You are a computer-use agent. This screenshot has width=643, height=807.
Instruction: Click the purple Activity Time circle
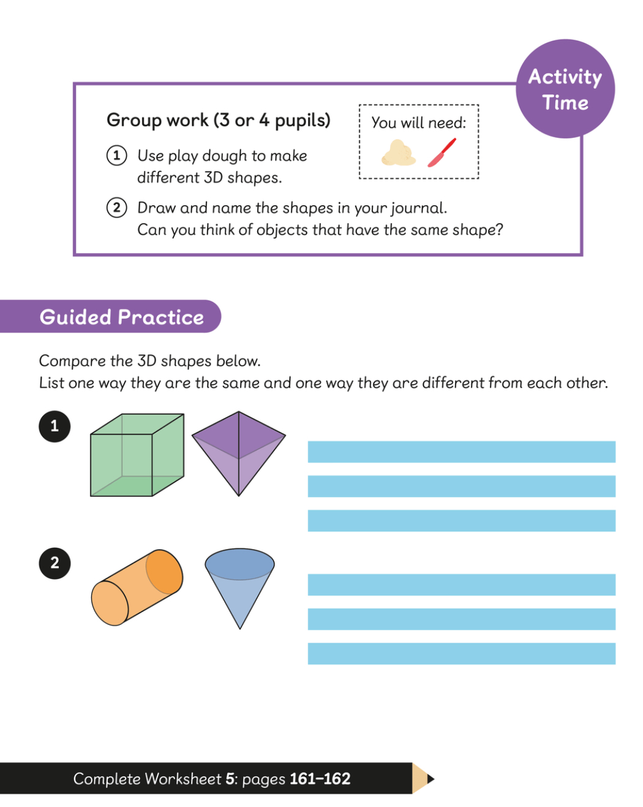click(565, 89)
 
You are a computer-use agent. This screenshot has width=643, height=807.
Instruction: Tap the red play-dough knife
click(442, 153)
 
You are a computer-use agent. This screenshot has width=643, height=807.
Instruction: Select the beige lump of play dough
click(398, 153)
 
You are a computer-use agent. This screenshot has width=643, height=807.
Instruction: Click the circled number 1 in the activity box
click(116, 155)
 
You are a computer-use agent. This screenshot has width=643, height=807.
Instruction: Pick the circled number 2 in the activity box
click(116, 207)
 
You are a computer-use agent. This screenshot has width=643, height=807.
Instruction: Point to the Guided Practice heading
click(122, 317)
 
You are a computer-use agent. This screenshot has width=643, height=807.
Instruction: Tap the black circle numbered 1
click(55, 426)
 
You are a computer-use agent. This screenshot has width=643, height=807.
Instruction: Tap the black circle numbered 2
click(55, 563)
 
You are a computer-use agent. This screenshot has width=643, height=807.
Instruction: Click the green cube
click(137, 455)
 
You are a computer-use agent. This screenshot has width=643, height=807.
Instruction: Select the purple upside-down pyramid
click(239, 454)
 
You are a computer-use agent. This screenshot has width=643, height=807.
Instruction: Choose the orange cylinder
click(137, 588)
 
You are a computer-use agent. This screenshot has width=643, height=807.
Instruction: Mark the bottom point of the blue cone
click(240, 629)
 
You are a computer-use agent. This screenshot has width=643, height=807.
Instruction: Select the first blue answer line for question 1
click(462, 452)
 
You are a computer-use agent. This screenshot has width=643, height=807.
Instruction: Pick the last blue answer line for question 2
click(462, 654)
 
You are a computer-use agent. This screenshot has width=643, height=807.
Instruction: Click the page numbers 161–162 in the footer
click(320, 778)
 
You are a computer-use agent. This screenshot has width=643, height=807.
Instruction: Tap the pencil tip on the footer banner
click(431, 779)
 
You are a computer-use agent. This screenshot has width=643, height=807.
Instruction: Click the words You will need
click(418, 123)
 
